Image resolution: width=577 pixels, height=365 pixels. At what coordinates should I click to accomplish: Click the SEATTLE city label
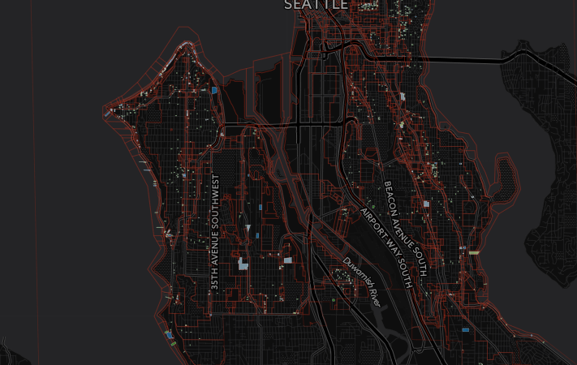pyautogui.click(x=316, y=5)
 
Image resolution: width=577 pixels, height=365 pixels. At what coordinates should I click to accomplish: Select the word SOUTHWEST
pyautogui.click(x=215, y=197)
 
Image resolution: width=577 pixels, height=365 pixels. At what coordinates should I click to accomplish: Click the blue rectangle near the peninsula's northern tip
pyautogui.click(x=215, y=91)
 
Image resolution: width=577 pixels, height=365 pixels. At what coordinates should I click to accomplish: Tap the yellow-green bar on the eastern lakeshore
pyautogui.click(x=474, y=252)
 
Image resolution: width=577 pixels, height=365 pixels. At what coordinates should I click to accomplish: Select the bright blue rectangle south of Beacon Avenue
pyautogui.click(x=465, y=330)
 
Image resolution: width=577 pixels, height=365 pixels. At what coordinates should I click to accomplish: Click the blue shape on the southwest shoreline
pyautogui.click(x=169, y=334)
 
